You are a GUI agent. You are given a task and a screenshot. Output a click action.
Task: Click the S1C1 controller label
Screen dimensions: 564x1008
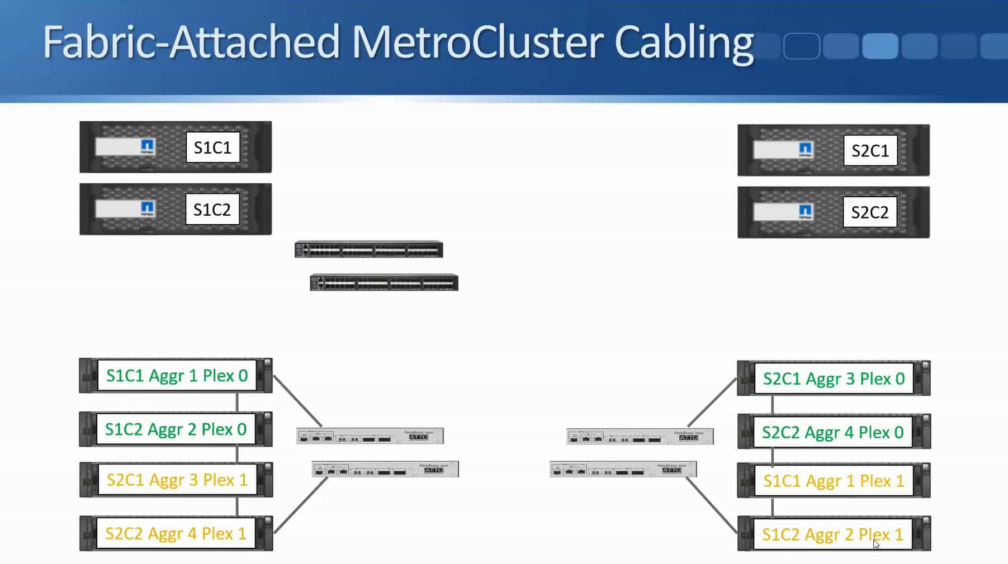click(x=212, y=148)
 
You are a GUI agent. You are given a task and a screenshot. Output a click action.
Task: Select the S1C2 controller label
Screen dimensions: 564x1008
click(x=212, y=210)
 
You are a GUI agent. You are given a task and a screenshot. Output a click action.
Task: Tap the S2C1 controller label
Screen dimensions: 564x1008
click(x=870, y=150)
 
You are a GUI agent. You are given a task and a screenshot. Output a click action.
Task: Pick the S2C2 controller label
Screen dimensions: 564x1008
click(x=869, y=212)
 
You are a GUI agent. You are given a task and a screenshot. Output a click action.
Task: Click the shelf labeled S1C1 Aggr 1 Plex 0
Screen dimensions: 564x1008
click(x=177, y=376)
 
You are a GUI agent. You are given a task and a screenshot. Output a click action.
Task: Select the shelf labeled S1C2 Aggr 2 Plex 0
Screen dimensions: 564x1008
click(x=176, y=429)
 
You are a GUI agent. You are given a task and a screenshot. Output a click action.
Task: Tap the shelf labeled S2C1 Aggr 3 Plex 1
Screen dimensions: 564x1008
click(x=177, y=480)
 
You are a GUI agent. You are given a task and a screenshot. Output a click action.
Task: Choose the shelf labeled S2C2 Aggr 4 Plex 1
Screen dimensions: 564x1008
click(x=176, y=533)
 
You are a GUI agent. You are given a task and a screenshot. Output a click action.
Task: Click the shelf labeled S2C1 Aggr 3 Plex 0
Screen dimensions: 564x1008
click(x=834, y=378)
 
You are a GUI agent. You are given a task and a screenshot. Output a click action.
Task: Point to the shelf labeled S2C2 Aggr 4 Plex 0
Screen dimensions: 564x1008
click(x=832, y=432)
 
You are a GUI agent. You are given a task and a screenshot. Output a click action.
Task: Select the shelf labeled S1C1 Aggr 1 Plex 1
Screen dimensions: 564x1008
click(x=833, y=481)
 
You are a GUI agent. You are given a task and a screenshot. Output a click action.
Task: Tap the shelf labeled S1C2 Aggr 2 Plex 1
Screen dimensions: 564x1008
click(x=832, y=534)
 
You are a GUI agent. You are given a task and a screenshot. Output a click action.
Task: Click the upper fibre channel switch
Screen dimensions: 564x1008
click(x=369, y=249)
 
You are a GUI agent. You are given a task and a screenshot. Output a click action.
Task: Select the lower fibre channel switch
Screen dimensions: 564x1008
click(x=384, y=283)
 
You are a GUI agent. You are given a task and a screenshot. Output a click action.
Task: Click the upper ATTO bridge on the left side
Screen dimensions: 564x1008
click(x=370, y=436)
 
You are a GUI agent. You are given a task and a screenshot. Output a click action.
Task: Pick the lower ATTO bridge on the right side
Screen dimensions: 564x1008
click(x=623, y=470)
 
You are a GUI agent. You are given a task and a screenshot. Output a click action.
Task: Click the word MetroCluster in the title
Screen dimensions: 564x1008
click(x=476, y=42)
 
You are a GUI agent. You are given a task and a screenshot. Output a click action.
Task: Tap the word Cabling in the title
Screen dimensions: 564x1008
click(x=684, y=42)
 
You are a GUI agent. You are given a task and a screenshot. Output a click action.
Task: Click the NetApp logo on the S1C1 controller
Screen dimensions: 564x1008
click(x=147, y=146)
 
